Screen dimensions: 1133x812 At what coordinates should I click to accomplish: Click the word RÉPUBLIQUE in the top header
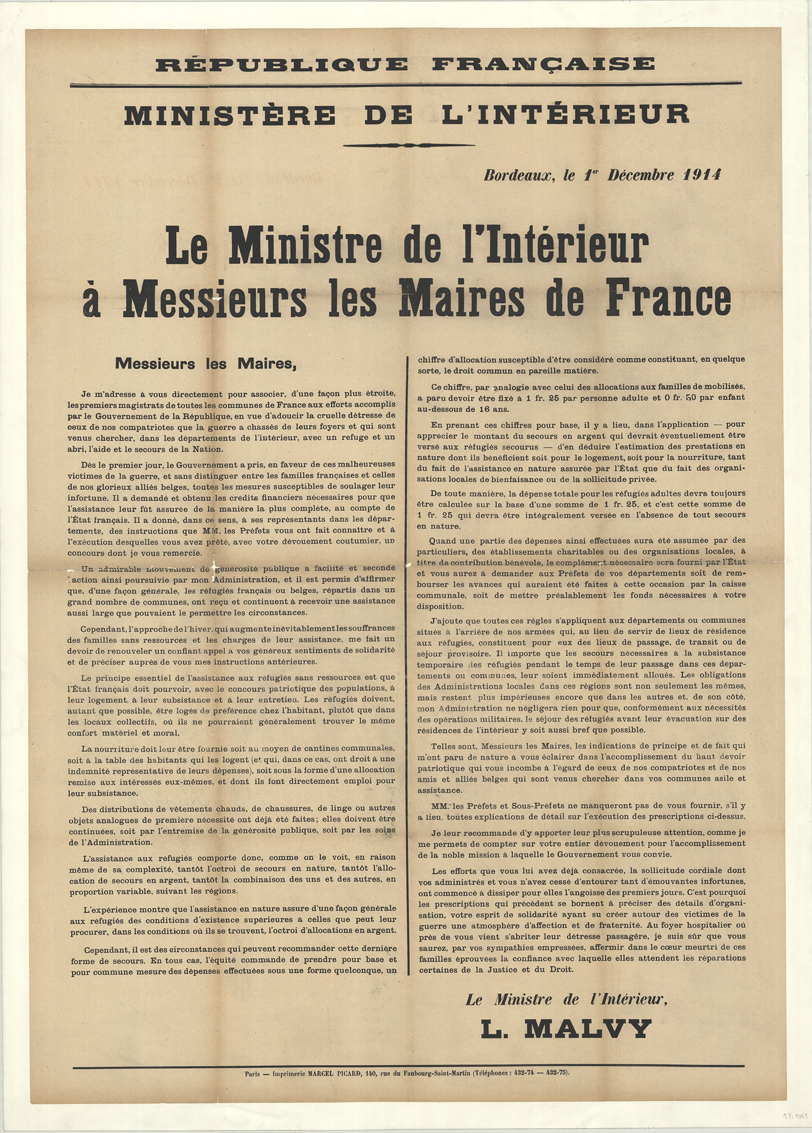click(281, 64)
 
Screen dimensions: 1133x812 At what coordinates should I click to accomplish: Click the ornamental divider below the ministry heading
click(409, 145)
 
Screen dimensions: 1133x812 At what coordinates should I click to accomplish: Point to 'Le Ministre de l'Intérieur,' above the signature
click(566, 1000)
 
